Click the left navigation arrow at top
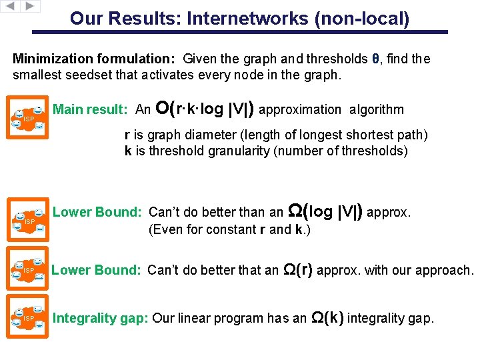click(11, 7)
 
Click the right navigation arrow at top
click(31, 7)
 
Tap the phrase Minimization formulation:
click(95, 59)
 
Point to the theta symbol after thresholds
click(376, 59)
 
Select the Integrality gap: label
click(101, 318)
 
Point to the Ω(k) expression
click(327, 317)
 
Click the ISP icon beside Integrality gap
click(28, 318)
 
